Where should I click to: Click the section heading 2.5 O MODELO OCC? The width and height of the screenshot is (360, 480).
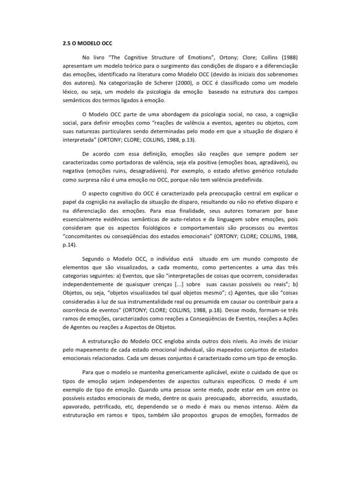point(81,44)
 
